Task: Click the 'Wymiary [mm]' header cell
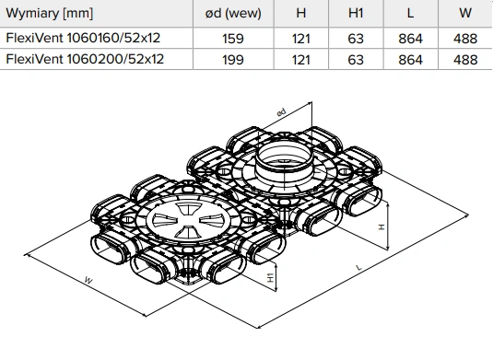(x=50, y=14)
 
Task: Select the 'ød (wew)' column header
(x=233, y=14)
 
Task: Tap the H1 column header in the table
(x=356, y=13)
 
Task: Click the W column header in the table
(x=465, y=13)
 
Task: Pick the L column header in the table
(x=410, y=13)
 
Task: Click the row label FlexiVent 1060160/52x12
(x=83, y=38)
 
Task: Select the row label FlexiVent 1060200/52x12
(x=85, y=59)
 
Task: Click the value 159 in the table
(x=233, y=39)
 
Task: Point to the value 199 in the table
(x=233, y=60)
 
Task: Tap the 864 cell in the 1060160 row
(x=410, y=39)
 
